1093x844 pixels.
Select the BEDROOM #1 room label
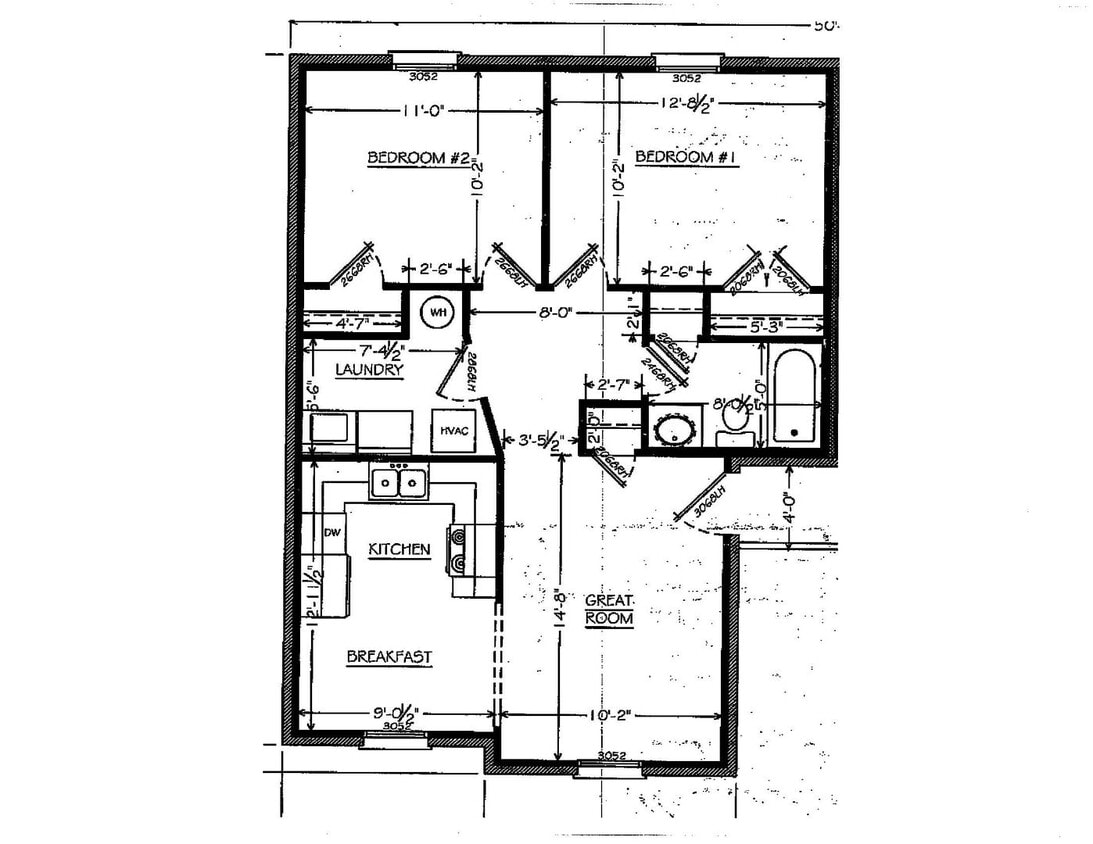click(x=687, y=157)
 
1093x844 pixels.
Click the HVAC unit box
click(x=450, y=429)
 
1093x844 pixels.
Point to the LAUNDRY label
click(x=369, y=369)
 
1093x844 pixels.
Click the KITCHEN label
click(x=400, y=549)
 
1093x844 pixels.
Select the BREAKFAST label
click(x=389, y=657)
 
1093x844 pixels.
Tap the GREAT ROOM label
click(x=609, y=609)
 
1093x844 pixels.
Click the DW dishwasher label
click(x=333, y=533)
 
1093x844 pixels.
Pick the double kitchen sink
click(x=398, y=483)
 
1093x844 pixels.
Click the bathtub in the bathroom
click(x=795, y=397)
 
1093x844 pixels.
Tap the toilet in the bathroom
click(x=737, y=420)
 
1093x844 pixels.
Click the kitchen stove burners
click(x=459, y=550)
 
